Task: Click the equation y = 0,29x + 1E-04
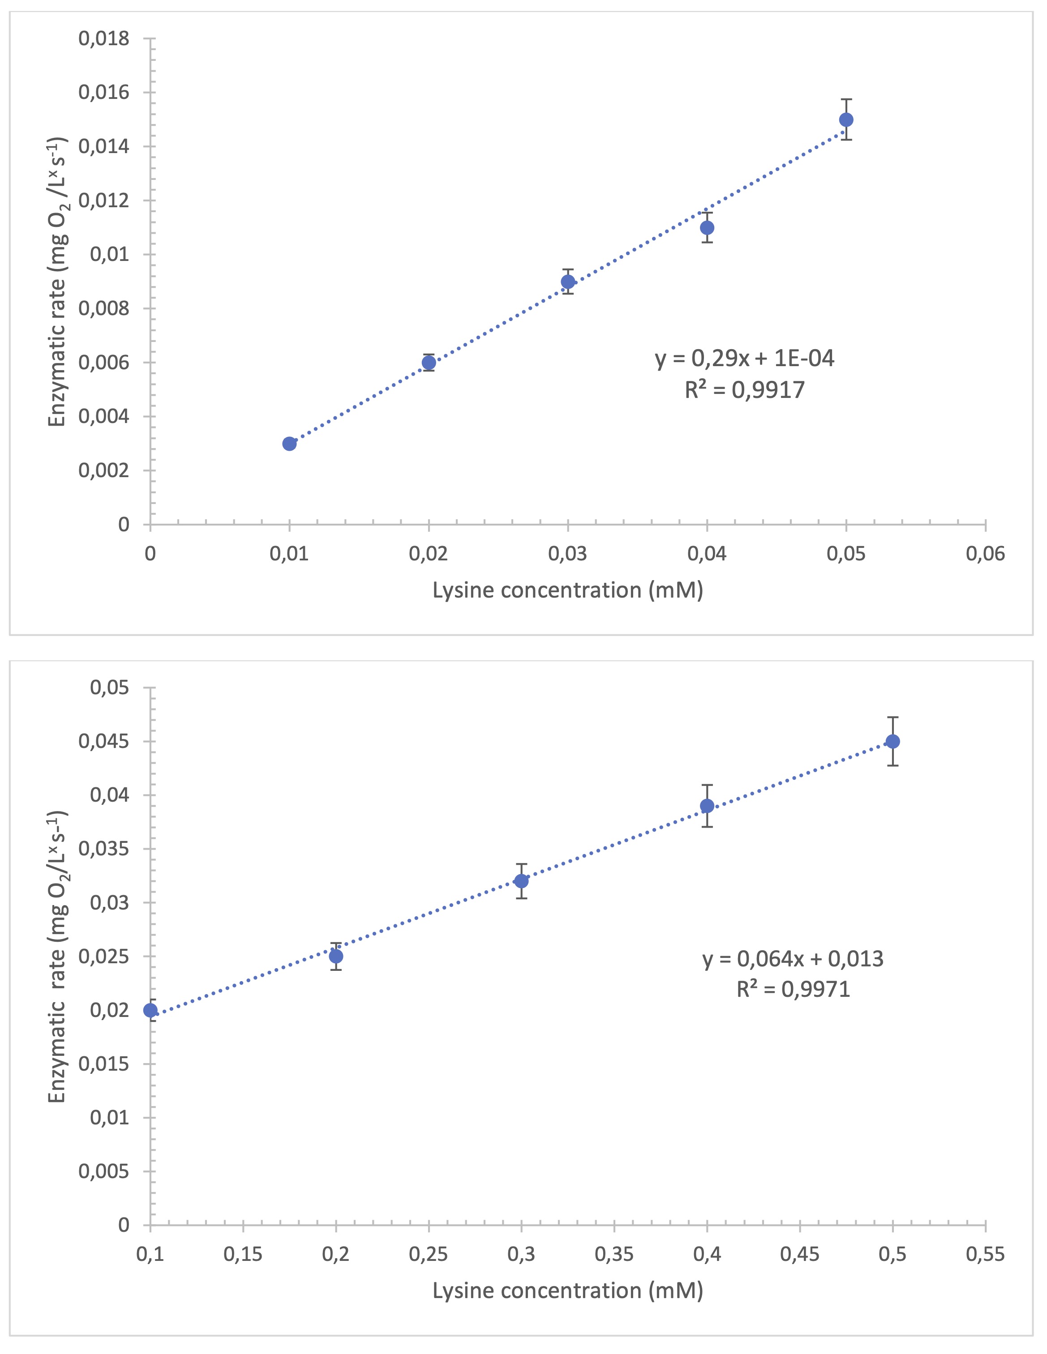tap(744, 359)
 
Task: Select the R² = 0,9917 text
tap(744, 389)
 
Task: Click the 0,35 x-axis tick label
tap(614, 1254)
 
